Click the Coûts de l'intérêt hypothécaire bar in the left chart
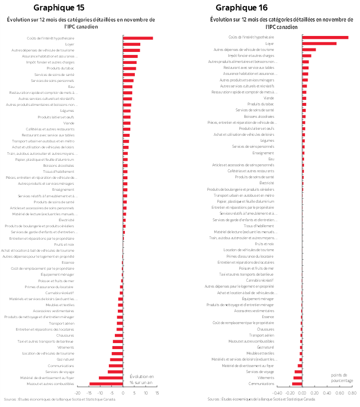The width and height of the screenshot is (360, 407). tap(138, 38)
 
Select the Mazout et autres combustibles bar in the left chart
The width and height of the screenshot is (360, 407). tap(106, 384)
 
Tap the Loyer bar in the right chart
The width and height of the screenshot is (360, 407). tap(319, 43)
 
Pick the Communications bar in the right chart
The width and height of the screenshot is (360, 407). tap(297, 384)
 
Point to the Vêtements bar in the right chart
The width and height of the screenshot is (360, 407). tap(298, 378)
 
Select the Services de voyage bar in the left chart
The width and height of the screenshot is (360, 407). tap(115, 372)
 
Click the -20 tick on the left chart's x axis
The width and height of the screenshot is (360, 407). tap(77, 393)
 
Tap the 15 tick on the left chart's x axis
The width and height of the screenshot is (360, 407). tap(157, 393)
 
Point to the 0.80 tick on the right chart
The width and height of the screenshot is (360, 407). tap(352, 393)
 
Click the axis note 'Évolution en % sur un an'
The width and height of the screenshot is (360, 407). tap(142, 379)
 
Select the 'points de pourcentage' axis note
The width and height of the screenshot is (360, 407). tap(342, 378)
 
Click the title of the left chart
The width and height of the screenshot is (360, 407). tap(81, 22)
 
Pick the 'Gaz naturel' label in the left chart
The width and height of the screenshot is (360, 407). tap(65, 360)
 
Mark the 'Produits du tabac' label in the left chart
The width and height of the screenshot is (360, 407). tap(60, 68)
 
